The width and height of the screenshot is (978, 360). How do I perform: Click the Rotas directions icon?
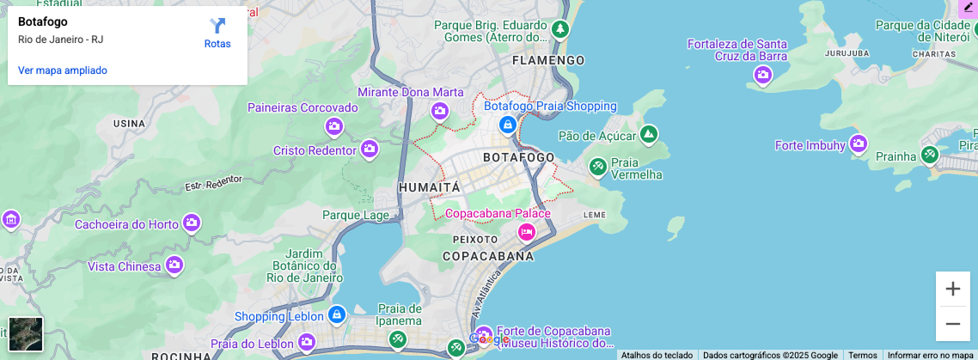(x=217, y=27)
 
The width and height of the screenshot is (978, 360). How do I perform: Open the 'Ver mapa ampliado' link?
(x=63, y=70)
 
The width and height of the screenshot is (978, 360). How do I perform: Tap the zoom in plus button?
(x=952, y=289)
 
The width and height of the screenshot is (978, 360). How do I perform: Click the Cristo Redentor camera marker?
(x=370, y=149)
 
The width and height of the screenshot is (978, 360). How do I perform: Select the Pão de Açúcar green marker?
(x=649, y=134)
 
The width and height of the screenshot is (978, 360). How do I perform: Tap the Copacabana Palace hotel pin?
(x=526, y=231)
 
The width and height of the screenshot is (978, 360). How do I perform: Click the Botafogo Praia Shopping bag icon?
(x=508, y=125)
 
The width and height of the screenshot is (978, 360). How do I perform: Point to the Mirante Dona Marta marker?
(x=440, y=111)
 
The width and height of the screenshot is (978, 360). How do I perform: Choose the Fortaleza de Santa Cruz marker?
(x=762, y=76)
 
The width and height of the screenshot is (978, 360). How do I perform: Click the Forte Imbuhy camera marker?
(x=858, y=144)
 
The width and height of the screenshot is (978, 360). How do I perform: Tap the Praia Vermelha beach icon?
(x=597, y=166)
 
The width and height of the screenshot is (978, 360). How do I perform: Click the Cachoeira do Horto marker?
(x=191, y=223)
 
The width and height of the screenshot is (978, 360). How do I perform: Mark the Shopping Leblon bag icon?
(x=336, y=315)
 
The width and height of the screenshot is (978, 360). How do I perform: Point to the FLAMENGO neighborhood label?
(x=548, y=60)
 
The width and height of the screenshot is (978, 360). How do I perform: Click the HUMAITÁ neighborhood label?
(x=430, y=187)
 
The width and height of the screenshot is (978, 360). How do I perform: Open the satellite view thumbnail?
(x=26, y=334)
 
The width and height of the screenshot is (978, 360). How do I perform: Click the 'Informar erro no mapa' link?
(x=930, y=355)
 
